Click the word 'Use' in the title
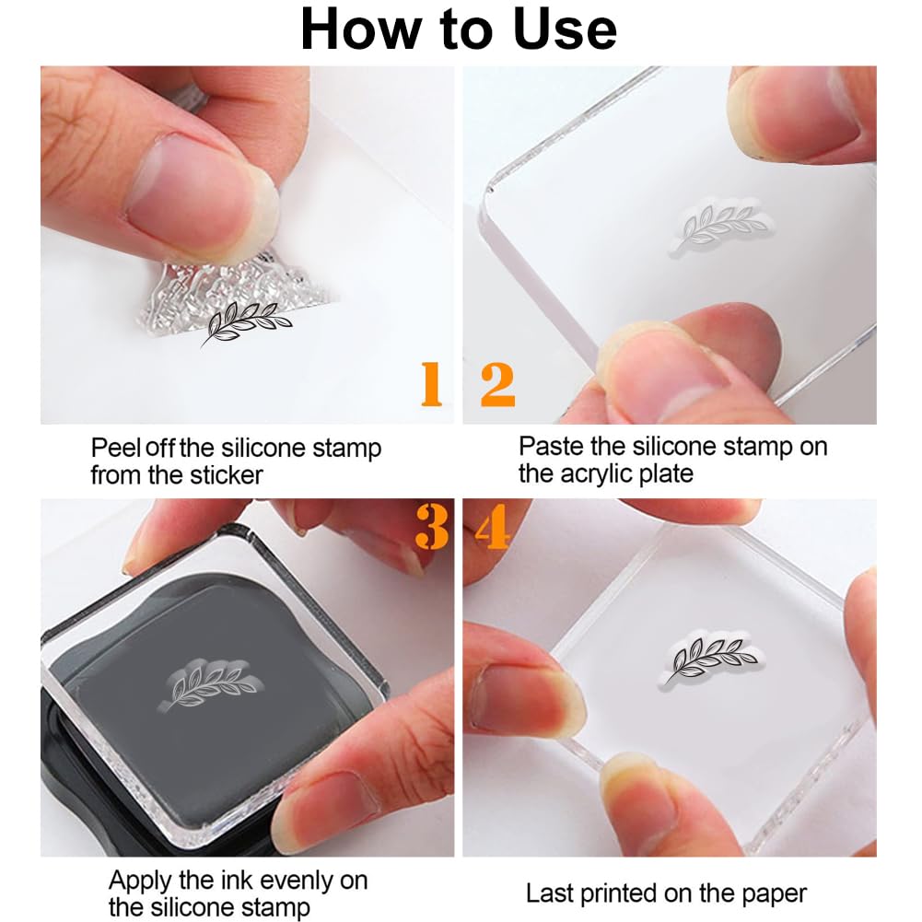point(565,29)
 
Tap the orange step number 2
point(497,385)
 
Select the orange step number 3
point(432,526)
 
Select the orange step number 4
point(492,526)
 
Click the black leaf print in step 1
point(246,322)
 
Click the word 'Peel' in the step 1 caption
point(116,448)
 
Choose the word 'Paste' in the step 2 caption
point(552,447)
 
